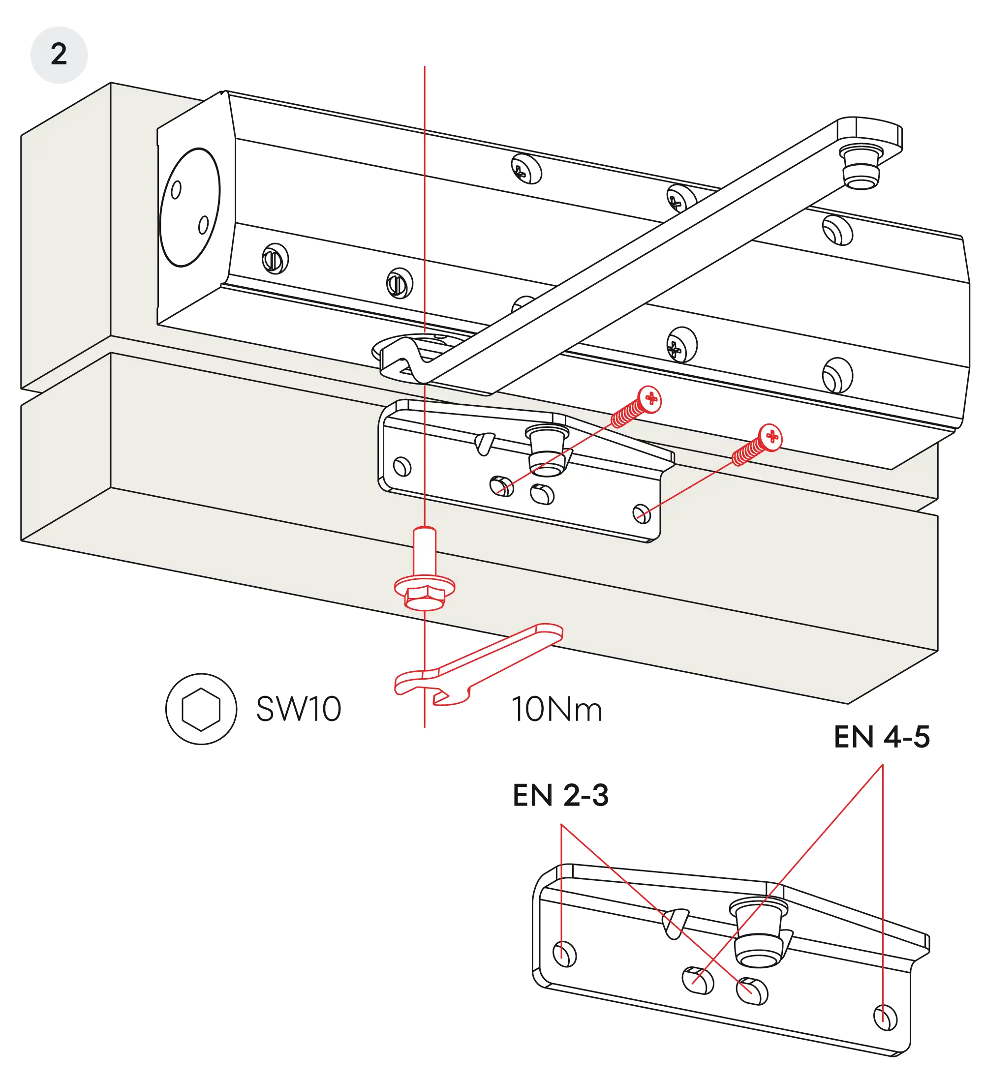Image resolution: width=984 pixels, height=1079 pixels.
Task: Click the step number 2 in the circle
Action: tap(59, 54)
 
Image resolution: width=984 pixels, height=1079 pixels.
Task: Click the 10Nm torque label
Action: tap(557, 710)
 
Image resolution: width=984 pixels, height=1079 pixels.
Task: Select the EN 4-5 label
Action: tap(882, 736)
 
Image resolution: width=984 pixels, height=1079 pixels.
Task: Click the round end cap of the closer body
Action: tap(190, 206)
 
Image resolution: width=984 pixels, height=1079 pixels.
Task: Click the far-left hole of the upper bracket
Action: tap(401, 466)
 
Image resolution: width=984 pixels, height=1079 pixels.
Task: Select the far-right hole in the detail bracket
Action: tap(885, 1017)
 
